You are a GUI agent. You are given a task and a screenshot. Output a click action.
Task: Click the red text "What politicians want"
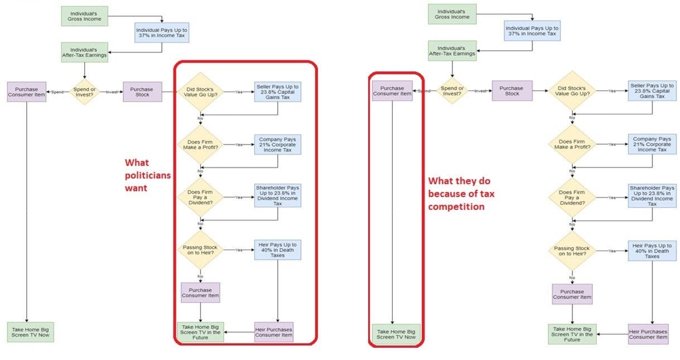[x=147, y=175]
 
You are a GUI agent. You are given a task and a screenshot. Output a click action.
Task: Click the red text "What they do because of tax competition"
[x=461, y=194]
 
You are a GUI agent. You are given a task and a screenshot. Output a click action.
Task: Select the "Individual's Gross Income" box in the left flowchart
[x=84, y=16]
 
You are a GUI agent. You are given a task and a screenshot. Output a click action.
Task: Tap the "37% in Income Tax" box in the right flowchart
[x=532, y=31]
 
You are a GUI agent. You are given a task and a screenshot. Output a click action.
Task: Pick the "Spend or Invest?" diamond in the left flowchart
[x=84, y=92]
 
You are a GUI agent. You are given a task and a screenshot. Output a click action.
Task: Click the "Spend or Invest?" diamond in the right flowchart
[x=452, y=90]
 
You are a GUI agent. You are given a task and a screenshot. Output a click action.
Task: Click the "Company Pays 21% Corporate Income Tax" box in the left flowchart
[x=278, y=145]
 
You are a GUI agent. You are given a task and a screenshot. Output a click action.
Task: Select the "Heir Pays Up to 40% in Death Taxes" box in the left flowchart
[x=278, y=249]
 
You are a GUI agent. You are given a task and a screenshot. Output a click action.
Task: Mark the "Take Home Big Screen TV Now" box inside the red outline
[x=396, y=334]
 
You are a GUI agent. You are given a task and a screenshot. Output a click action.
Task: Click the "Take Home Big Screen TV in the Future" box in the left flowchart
[x=200, y=332]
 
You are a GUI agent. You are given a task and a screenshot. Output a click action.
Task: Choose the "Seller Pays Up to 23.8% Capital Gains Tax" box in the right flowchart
[x=652, y=91]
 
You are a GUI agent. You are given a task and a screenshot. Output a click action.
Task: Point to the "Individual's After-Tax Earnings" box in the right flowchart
[x=452, y=51]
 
